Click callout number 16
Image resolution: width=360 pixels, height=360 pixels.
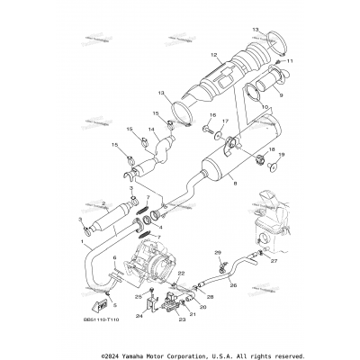(x=212, y=115)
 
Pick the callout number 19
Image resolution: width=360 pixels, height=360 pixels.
(x=282, y=180)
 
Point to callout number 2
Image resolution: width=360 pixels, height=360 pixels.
(x=104, y=204)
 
